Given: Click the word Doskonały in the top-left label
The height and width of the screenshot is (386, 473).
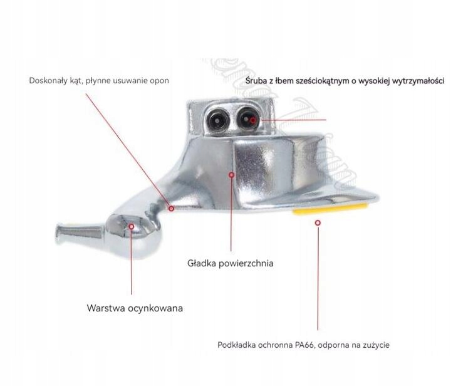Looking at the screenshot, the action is [49, 81].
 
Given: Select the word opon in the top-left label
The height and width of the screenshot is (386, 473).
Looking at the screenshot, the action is [159, 81].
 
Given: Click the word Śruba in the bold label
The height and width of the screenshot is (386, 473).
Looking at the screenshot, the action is [257, 81].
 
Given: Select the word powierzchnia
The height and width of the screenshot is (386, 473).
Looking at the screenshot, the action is [246, 263].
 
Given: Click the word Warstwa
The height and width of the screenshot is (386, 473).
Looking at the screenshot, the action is [107, 308].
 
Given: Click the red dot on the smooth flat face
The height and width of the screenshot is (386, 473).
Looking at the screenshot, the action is [231, 175].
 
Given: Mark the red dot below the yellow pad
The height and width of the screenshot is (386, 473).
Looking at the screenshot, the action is [318, 222].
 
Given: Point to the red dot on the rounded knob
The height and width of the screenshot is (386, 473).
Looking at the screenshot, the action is [132, 227].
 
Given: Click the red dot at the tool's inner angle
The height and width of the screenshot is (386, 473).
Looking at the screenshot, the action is [171, 209].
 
